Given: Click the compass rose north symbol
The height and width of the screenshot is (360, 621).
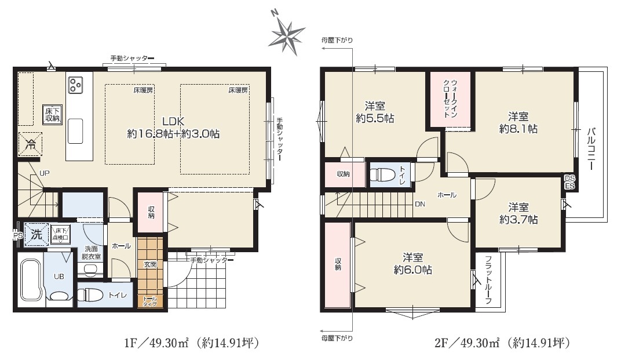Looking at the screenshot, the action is tap(286, 34).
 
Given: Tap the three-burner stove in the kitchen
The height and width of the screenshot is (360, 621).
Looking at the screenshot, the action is tap(75, 85).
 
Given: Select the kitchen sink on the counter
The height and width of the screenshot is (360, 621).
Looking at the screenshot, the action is tap(75, 131).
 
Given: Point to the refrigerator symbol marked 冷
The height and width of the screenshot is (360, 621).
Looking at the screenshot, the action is tap(31, 144).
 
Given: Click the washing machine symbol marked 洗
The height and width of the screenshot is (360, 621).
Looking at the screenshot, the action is tap(36, 235).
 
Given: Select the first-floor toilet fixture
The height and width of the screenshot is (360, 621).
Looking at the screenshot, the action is tap(86, 296).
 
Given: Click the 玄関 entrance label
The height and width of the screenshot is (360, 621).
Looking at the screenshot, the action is tap(149, 264).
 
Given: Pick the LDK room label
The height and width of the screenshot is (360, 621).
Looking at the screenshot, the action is tap(173, 121).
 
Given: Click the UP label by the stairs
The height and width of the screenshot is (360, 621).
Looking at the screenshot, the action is tap(45, 173).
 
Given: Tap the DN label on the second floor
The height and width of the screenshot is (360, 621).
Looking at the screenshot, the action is tap(420, 204).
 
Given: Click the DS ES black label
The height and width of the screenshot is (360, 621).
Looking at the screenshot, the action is tap(569, 182).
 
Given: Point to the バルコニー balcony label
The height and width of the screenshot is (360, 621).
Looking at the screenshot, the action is tap(591, 148).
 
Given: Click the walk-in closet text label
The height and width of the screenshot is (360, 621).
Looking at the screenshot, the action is tap(450, 99).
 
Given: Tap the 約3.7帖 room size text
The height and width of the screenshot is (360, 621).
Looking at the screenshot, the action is tap(518, 219).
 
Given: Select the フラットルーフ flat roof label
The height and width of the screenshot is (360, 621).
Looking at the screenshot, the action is tap(488, 280).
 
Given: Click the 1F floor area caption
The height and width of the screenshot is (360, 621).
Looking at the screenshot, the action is tap(192, 342).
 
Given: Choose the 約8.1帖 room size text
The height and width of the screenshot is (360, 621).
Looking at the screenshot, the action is tap(518, 129).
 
